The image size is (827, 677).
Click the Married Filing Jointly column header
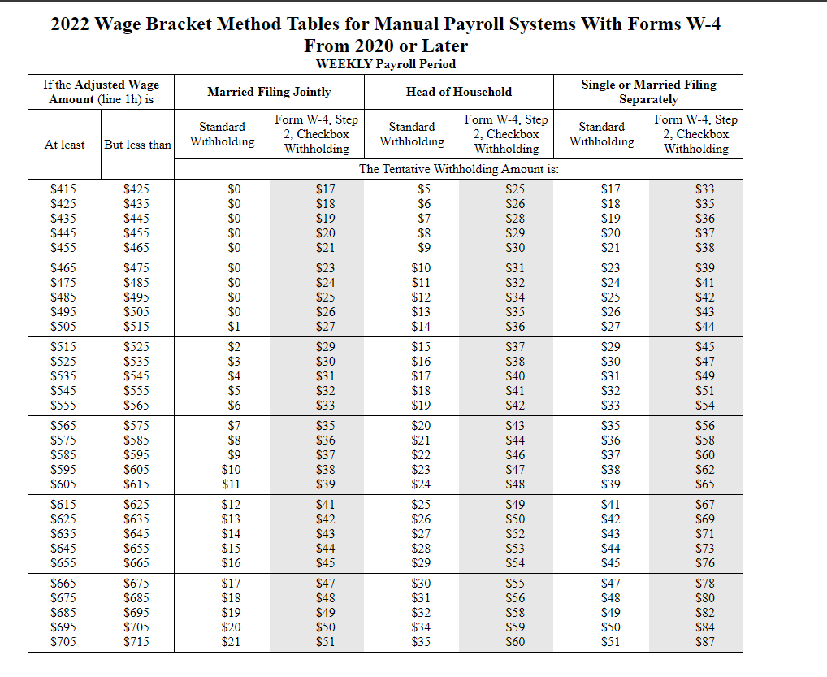(x=269, y=92)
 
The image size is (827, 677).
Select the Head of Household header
(x=459, y=92)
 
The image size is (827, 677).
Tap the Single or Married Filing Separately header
(x=648, y=92)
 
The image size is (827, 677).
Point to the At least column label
(x=64, y=145)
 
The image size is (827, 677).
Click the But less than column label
(x=138, y=145)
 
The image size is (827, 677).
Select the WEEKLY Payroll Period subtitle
(x=385, y=64)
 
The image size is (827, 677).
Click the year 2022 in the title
(x=70, y=24)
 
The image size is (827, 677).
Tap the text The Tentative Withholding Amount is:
(x=459, y=170)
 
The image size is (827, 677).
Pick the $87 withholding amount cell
(x=704, y=643)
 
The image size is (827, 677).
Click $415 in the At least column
(x=64, y=189)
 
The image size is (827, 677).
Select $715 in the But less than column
(x=136, y=643)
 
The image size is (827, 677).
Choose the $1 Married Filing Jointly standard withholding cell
(x=235, y=327)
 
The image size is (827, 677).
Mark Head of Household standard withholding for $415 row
(x=424, y=189)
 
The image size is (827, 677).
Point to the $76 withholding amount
(x=704, y=563)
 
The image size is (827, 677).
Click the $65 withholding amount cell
(x=704, y=484)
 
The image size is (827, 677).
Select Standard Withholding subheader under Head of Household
(x=412, y=134)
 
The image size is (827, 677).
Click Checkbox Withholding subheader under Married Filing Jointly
(x=316, y=134)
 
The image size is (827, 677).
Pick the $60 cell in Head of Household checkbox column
(x=515, y=643)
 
